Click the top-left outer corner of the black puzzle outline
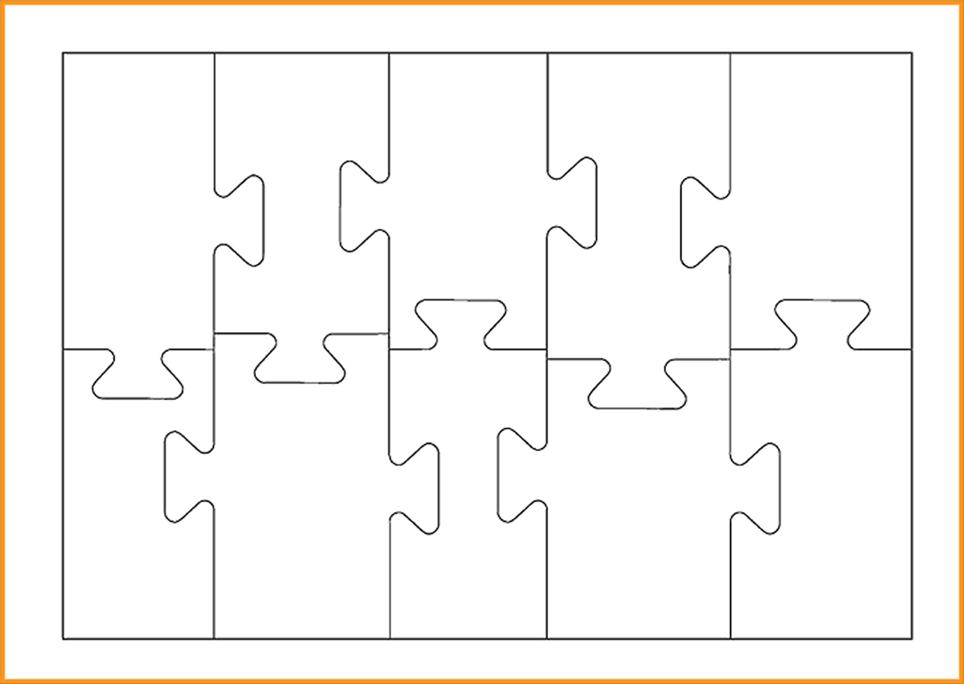pos(63,54)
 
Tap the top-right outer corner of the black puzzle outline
pos(912,54)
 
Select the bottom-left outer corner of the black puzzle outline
pos(63,638)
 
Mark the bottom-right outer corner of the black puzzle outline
pos(912,638)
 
